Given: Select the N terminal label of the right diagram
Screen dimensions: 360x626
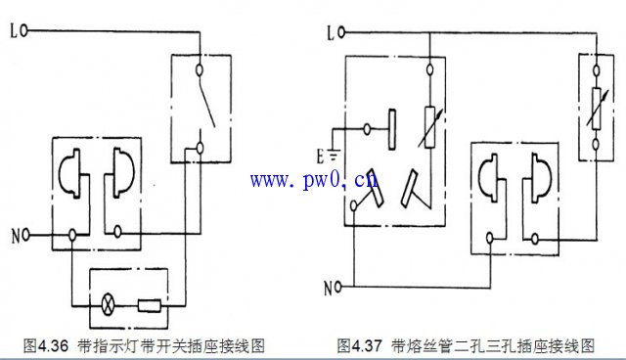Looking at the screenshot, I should click(x=333, y=288).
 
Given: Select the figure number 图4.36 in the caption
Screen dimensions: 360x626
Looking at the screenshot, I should click(x=44, y=345).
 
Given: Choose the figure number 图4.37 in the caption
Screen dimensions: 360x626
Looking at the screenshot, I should click(x=359, y=345).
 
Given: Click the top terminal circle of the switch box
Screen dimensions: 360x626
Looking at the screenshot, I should click(x=201, y=69).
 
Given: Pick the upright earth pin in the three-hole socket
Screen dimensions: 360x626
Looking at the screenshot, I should click(x=391, y=128).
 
